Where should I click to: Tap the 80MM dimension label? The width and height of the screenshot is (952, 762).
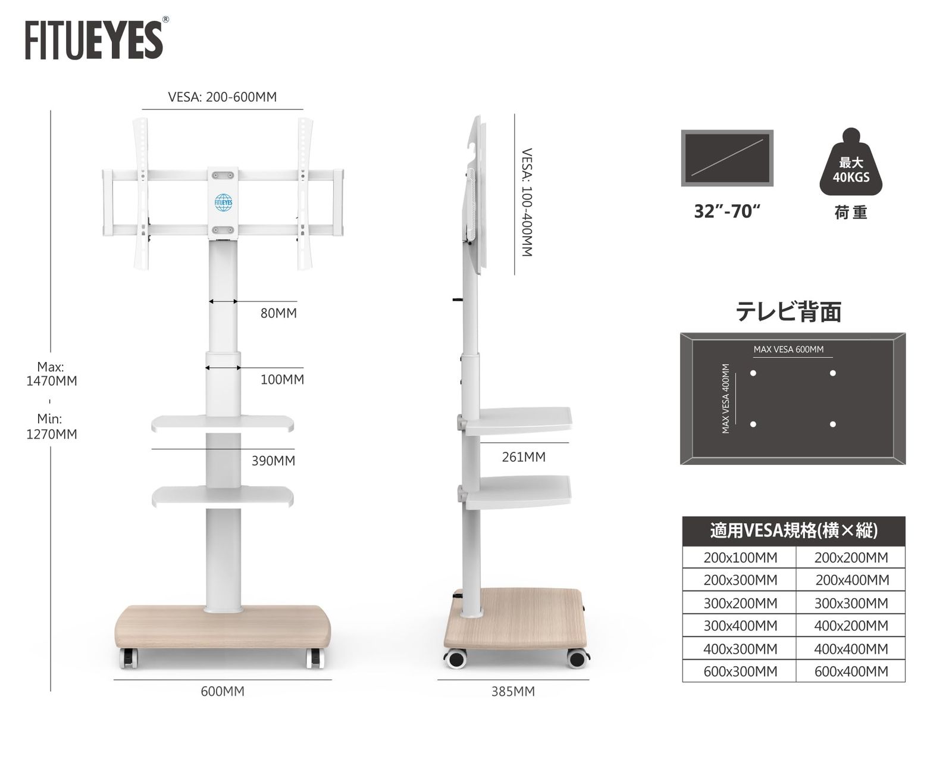278,314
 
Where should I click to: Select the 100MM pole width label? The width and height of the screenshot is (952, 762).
282,380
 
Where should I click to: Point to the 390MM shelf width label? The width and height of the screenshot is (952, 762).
273,461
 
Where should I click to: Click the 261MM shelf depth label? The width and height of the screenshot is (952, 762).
524,457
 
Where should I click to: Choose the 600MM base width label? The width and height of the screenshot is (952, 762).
222,691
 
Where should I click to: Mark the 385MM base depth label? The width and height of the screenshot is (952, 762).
513,691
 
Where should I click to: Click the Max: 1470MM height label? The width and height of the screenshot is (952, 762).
51,374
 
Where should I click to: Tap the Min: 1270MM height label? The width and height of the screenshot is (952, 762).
51,426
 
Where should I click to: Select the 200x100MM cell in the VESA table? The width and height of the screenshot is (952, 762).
740,557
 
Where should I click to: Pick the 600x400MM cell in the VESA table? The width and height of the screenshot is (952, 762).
851,672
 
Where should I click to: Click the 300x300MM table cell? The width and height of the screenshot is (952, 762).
851,603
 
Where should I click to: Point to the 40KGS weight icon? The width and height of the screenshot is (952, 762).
851,162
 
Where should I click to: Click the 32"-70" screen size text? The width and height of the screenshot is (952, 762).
727,211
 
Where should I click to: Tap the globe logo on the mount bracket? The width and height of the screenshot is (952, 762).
223,202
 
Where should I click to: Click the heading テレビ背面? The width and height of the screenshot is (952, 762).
788,312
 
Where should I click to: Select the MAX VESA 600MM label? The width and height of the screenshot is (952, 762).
788,349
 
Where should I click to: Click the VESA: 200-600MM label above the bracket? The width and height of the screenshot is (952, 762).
222,97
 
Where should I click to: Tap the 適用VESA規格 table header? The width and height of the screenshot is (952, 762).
794,530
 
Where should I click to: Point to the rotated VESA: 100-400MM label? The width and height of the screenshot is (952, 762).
527,202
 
